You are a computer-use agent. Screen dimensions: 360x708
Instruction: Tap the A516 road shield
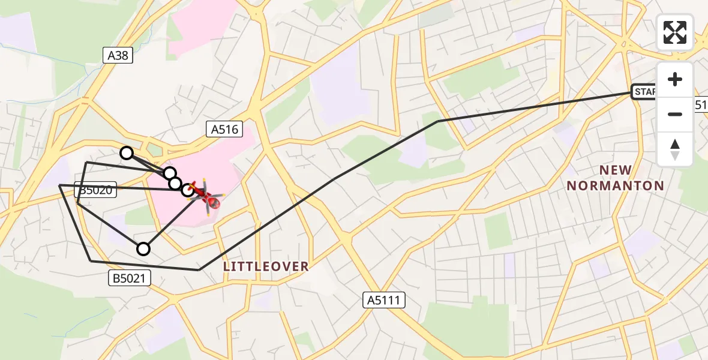click(x=224, y=128)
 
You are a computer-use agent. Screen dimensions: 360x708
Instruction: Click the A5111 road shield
click(x=385, y=300)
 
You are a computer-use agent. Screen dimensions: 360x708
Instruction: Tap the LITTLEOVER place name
click(x=266, y=266)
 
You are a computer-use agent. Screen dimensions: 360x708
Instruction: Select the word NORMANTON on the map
click(x=616, y=185)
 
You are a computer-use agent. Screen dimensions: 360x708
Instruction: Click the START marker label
click(x=644, y=92)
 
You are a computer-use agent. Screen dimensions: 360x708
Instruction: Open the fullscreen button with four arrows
click(x=675, y=32)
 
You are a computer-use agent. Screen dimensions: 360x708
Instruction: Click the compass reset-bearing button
click(x=675, y=149)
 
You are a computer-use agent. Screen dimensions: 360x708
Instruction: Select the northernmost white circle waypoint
click(x=127, y=153)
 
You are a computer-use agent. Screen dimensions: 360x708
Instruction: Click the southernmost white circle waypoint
click(x=143, y=248)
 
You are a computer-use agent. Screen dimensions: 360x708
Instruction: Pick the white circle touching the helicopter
click(x=188, y=190)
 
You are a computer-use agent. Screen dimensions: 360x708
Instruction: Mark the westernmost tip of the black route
click(x=59, y=186)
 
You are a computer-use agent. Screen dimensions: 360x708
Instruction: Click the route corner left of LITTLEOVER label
click(x=199, y=270)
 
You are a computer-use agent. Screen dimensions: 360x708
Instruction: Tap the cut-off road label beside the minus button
click(x=700, y=104)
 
